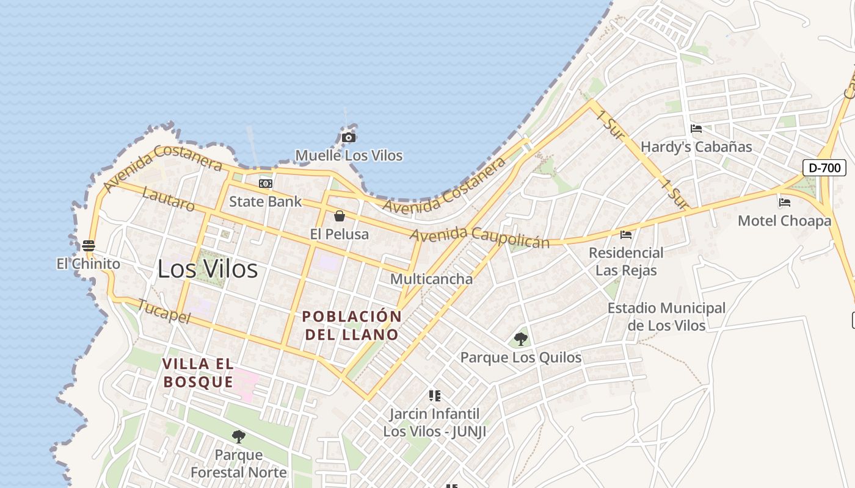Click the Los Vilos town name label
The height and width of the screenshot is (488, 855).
tap(208, 269)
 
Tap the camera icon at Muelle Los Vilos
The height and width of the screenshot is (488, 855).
tap(349, 137)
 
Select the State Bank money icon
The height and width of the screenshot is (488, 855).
tap(265, 183)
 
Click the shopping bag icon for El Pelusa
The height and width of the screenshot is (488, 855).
tap(340, 216)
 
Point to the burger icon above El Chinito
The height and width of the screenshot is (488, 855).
tap(89, 246)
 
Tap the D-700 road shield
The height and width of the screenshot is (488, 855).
tap(824, 168)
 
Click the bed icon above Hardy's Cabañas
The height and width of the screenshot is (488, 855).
tap(696, 129)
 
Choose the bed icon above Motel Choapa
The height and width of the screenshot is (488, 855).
tap(785, 203)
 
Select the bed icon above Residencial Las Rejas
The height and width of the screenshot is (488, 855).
tap(626, 234)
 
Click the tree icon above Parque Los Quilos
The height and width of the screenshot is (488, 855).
tap(521, 339)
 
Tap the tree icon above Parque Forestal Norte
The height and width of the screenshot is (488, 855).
tap(239, 436)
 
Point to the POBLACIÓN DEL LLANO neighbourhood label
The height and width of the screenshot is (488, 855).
tap(352, 325)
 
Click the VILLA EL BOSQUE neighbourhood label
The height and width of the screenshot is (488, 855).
tap(198, 373)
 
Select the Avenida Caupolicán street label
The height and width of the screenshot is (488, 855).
tap(479, 237)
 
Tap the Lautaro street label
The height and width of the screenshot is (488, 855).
tap(168, 199)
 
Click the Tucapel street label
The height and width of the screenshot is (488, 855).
tap(164, 311)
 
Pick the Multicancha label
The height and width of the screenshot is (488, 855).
tap(431, 279)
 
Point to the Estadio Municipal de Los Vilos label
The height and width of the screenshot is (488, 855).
tap(666, 317)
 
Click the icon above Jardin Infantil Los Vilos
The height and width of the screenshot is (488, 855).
tap(435, 396)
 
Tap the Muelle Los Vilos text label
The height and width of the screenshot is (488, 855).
tap(349, 156)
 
